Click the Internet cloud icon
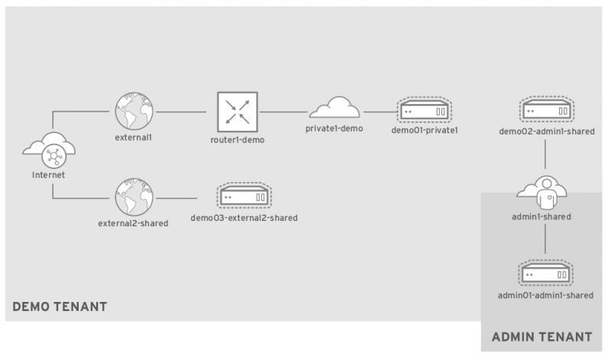click(x=52, y=151)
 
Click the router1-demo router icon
click(x=236, y=112)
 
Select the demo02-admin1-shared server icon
click(x=545, y=112)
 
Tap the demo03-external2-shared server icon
click(x=244, y=196)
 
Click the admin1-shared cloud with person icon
click(x=545, y=192)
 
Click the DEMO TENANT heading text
click(x=60, y=307)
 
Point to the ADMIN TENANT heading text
click(x=541, y=336)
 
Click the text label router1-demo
click(x=237, y=141)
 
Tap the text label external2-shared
click(x=133, y=223)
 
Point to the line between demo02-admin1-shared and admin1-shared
click(x=545, y=156)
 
